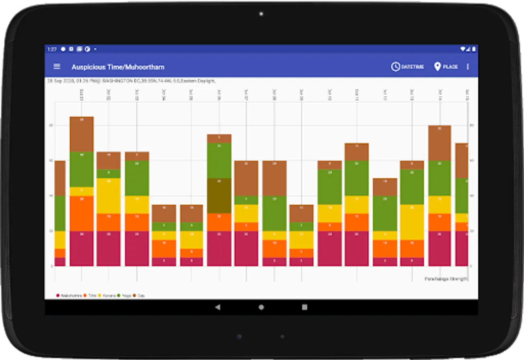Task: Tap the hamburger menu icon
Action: coord(57,66)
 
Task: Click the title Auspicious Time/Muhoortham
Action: coord(118,67)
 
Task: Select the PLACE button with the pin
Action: coord(446,67)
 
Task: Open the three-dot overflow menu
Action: coord(468,67)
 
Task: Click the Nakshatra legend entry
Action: coord(69,296)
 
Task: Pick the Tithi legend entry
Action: coord(90,296)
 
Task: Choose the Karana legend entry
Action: coord(107,296)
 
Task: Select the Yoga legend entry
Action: coord(124,296)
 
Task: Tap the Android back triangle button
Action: coord(217,307)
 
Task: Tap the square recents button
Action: coord(305,307)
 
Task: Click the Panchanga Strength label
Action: coord(446,279)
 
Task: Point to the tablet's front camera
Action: coord(261,14)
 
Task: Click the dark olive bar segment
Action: coord(219,196)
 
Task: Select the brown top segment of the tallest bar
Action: coord(82,134)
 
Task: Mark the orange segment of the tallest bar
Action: coord(82,213)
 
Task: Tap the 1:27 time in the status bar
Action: coord(52,49)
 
